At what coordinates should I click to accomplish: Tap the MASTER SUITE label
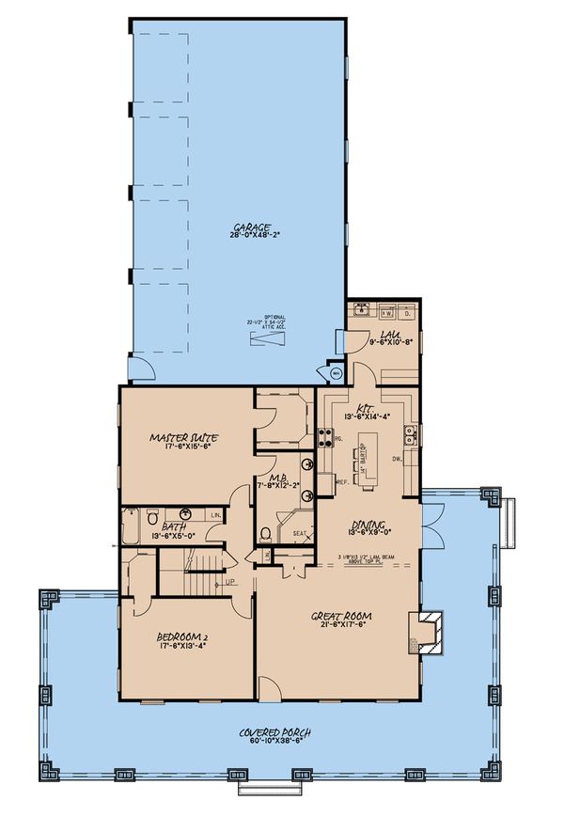pos(184,437)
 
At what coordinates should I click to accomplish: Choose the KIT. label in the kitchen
pos(366,408)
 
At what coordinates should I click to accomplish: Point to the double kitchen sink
pos(411,433)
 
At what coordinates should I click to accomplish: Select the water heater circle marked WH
pos(337,373)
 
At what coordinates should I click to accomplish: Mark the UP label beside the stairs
pos(229,584)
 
